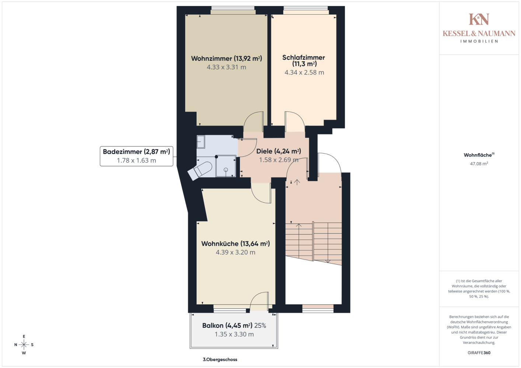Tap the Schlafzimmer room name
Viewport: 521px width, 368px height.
point(304,57)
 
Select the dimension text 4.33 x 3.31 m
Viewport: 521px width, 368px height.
point(226,67)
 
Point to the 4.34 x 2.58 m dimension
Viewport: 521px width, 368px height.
point(304,72)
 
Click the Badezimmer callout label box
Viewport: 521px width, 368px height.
point(137,156)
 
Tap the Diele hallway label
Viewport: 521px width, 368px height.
point(279,151)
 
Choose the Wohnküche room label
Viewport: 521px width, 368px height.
point(235,244)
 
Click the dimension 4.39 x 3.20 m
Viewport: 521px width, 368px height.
point(235,252)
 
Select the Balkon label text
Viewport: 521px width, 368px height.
point(227,325)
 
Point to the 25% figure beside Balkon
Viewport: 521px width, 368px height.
point(260,325)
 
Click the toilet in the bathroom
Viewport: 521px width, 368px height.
point(200,171)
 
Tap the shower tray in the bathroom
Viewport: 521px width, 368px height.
point(225,166)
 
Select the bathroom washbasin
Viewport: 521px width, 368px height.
point(201,142)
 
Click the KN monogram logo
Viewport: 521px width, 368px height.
point(479,19)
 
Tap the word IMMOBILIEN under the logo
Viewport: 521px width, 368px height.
point(479,41)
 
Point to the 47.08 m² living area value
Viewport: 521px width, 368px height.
point(479,163)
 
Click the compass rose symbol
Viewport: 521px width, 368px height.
point(24,344)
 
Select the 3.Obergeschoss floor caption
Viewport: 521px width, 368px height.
point(220,360)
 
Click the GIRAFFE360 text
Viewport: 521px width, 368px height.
point(479,353)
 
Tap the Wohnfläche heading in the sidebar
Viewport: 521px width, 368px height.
point(479,155)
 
